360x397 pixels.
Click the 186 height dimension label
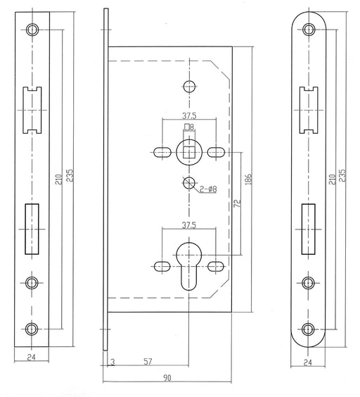pos(249,179)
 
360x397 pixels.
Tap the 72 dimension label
pos(237,203)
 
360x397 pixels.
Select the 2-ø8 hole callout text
pos(208,189)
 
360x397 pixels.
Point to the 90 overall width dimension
pos(167,378)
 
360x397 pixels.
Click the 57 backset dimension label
pos(148,362)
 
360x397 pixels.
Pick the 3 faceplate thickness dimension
pos(112,363)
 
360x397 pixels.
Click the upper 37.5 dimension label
pos(189,115)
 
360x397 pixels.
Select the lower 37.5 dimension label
pos(189,225)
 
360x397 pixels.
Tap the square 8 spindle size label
pos(189,127)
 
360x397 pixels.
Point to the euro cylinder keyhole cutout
pos(189,266)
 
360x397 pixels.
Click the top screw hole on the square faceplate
pos(32,30)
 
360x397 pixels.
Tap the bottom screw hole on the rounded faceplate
pos(308,329)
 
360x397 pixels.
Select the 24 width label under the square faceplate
pos(32,358)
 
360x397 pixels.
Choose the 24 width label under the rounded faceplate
pos(308,363)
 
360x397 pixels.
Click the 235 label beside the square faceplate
pos(70,175)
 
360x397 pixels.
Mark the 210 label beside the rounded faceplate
pos(333,179)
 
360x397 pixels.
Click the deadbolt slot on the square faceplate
pos(32,229)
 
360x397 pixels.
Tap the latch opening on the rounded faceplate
pos(309,110)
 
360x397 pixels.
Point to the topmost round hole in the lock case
pos(189,87)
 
